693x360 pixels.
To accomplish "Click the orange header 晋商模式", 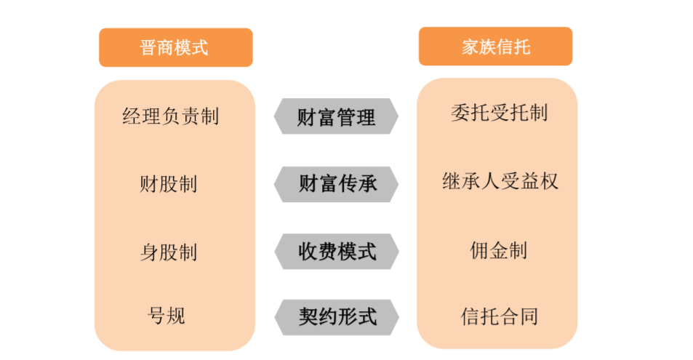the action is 175,48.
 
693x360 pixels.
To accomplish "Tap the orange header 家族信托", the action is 495,48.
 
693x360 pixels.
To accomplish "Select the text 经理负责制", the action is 170,116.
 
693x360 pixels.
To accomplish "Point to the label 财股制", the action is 168,183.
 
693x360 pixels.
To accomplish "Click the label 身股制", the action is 168,252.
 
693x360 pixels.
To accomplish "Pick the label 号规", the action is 167,315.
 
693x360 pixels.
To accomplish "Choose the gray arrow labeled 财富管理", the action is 336,116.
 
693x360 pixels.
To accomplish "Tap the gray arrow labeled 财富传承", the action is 336,183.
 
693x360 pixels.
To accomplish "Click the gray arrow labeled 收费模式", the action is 336,252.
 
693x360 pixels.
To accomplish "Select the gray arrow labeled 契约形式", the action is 336,316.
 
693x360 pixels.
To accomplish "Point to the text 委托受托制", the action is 499,113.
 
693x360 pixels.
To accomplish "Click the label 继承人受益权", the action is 500,181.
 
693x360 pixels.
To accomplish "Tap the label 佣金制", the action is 498,250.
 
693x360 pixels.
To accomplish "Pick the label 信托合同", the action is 499,316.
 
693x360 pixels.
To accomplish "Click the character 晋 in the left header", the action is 148,48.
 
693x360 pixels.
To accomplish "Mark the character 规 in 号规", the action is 176,315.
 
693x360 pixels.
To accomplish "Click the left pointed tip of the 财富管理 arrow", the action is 276,116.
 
